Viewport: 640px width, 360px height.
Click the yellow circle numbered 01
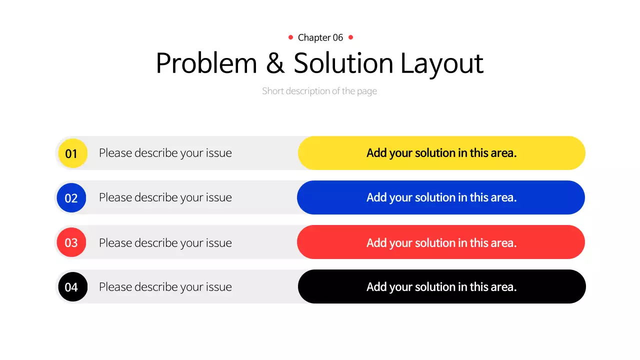pyautogui.click(x=72, y=153)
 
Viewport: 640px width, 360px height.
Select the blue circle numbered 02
pyautogui.click(x=71, y=197)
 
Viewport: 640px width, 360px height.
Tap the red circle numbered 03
pyautogui.click(x=71, y=242)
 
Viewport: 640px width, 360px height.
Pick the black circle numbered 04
pyautogui.click(x=72, y=287)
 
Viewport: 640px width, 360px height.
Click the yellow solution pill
pyautogui.click(x=441, y=153)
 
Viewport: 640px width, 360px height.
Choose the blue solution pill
pyautogui.click(x=441, y=197)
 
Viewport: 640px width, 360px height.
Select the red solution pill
pyautogui.click(x=441, y=242)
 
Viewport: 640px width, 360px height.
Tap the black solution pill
pyautogui.click(x=441, y=286)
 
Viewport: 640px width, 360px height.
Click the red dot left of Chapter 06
pyautogui.click(x=290, y=37)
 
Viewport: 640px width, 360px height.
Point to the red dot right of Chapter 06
pyautogui.click(x=350, y=37)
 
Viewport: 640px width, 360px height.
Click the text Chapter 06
pyautogui.click(x=320, y=37)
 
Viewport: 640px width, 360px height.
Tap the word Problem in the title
pyautogui.click(x=206, y=63)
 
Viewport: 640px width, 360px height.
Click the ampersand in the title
pyautogui.click(x=275, y=63)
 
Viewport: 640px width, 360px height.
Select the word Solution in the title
pyautogui.click(x=343, y=63)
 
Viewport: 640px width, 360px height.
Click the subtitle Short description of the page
pyautogui.click(x=319, y=91)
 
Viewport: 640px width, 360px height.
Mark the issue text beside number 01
pyautogui.click(x=165, y=153)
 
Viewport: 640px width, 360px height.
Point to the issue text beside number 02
pyautogui.click(x=165, y=197)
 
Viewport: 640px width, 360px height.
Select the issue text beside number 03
pyautogui.click(x=165, y=242)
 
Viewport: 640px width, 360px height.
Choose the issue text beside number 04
pyautogui.click(x=165, y=287)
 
